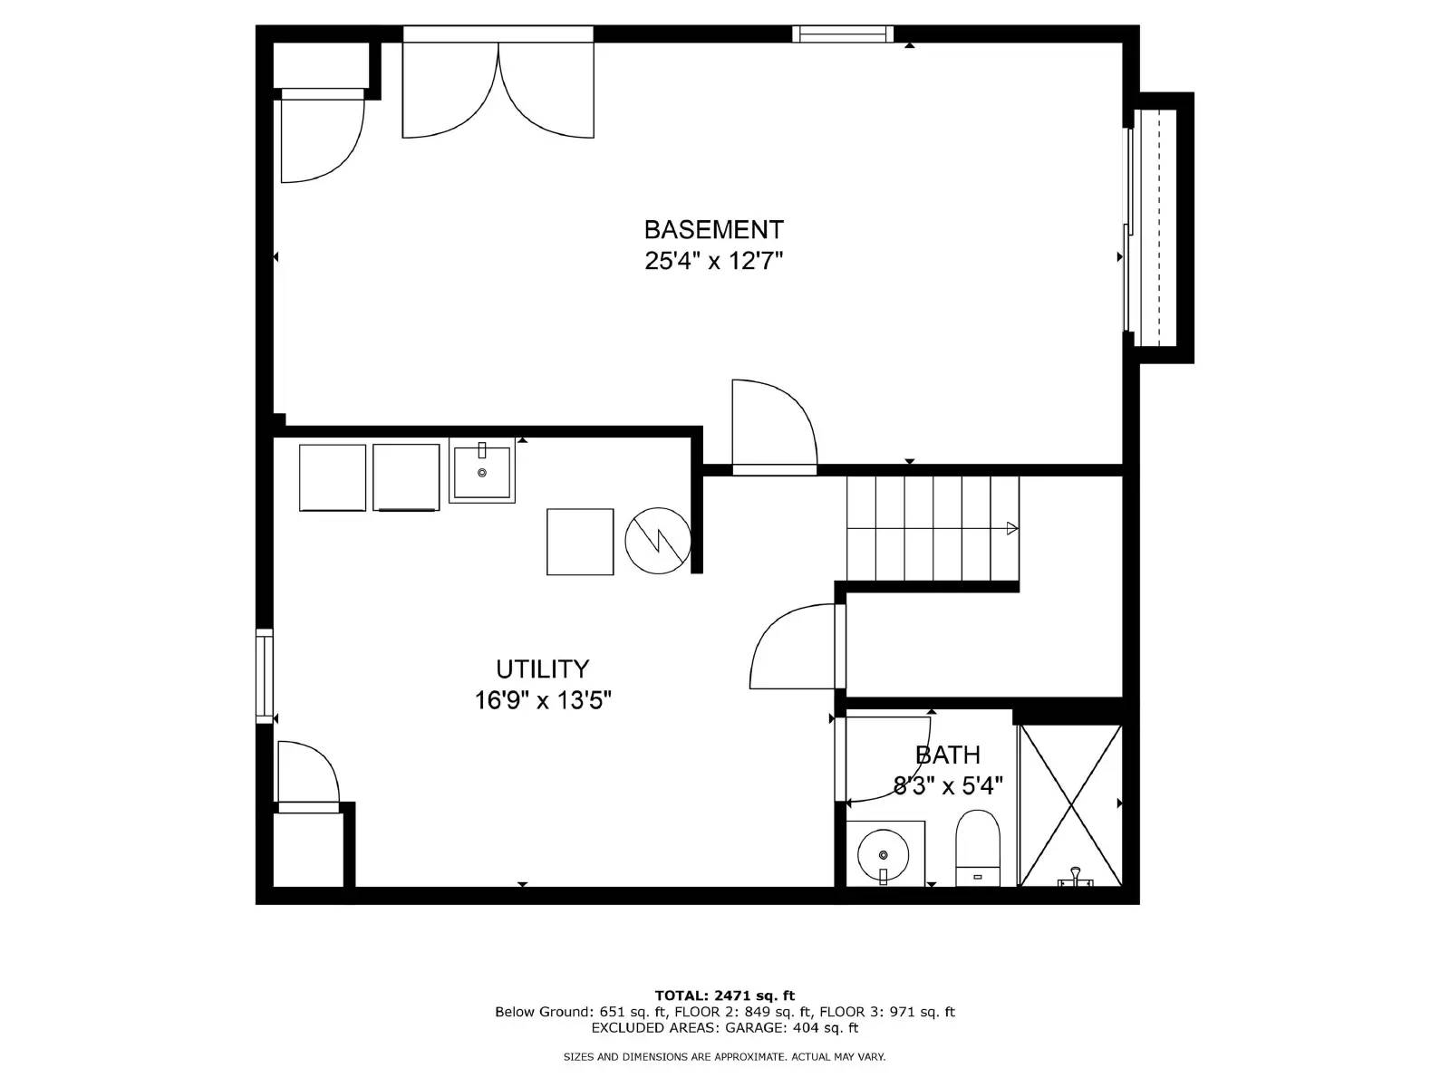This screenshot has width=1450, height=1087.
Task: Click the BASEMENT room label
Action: (x=713, y=229)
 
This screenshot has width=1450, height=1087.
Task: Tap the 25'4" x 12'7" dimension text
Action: (x=713, y=262)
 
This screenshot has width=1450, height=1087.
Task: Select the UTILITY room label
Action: (x=542, y=669)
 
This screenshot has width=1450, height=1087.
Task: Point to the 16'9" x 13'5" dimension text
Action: (x=543, y=700)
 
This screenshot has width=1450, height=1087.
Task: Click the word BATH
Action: (x=947, y=755)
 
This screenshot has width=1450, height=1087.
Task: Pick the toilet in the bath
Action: (x=978, y=848)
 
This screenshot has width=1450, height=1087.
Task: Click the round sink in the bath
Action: (x=883, y=853)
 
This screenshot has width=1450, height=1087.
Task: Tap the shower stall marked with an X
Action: (x=1071, y=804)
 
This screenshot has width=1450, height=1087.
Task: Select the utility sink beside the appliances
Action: (x=482, y=470)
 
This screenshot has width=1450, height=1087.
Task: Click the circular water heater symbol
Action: (x=658, y=541)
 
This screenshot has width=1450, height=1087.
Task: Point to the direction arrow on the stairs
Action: (x=1011, y=528)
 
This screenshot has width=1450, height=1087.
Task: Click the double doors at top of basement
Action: (x=498, y=91)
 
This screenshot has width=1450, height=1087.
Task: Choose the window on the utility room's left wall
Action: (x=264, y=675)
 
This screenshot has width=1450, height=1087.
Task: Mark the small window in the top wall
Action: (x=843, y=34)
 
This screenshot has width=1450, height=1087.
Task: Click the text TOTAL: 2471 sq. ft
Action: (x=725, y=996)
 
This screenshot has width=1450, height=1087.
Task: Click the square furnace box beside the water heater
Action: (x=580, y=542)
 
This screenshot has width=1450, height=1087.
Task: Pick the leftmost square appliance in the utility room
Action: (x=333, y=477)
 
